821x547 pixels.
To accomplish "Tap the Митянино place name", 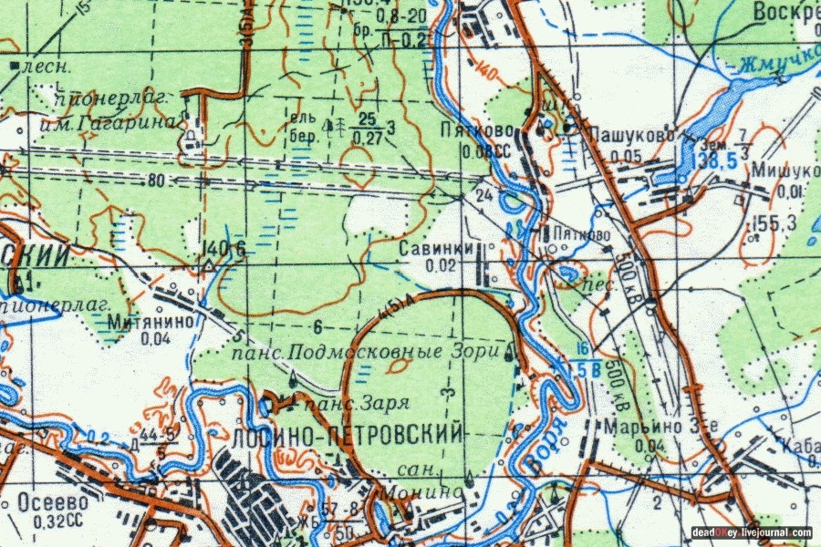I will pyautogui.click(x=140, y=322).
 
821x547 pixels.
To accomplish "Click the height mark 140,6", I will pyautogui.click(x=225, y=250).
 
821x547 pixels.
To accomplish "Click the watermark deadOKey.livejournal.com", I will pyautogui.click(x=752, y=532).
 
